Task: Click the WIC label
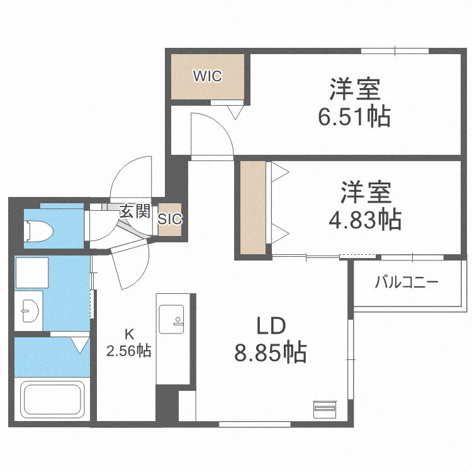(207, 77)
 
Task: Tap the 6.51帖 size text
(355, 117)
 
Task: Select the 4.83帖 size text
(366, 220)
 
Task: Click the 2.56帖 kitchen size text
(128, 351)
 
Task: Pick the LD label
(271, 325)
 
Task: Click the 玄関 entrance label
(134, 211)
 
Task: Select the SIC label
(170, 220)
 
